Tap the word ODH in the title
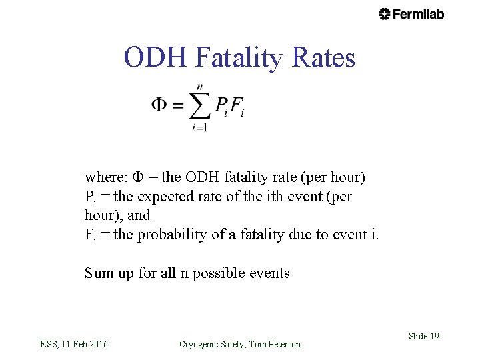click(x=155, y=58)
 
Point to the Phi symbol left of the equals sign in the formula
click(x=159, y=105)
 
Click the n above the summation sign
click(x=199, y=87)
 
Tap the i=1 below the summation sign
click(x=199, y=128)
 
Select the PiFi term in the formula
click(x=229, y=106)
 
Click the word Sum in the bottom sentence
click(x=99, y=272)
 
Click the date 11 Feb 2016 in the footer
click(x=85, y=344)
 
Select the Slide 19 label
click(x=423, y=336)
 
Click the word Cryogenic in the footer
click(x=201, y=344)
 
